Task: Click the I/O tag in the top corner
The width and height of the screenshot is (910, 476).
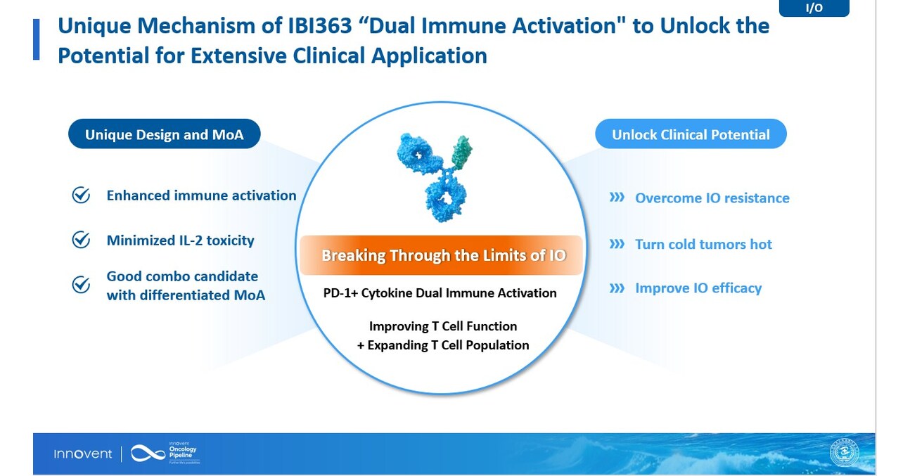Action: [814, 8]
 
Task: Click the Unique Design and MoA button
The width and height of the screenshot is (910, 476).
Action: [164, 134]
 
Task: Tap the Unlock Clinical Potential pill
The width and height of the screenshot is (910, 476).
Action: [690, 134]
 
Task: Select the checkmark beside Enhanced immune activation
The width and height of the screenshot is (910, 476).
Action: [82, 195]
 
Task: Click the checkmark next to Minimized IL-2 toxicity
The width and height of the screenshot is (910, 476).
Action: [82, 240]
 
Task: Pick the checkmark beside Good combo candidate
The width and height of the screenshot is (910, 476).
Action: [82, 285]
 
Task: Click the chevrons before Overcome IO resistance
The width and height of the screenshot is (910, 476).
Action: [617, 198]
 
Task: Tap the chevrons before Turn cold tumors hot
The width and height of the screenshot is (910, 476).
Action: [617, 244]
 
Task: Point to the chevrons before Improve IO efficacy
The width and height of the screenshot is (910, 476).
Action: [617, 288]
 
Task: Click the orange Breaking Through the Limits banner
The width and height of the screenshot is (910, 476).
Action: [442, 255]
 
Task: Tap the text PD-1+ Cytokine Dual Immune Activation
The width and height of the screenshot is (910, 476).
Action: [440, 293]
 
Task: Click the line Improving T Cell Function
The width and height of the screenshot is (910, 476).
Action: [443, 326]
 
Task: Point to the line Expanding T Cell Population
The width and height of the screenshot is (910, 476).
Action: [443, 345]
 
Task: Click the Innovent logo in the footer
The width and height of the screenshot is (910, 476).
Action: [83, 454]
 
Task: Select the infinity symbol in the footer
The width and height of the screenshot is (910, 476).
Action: [148, 454]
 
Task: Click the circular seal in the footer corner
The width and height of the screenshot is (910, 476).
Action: [844, 453]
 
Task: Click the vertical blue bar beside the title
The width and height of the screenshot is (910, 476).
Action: [37, 40]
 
